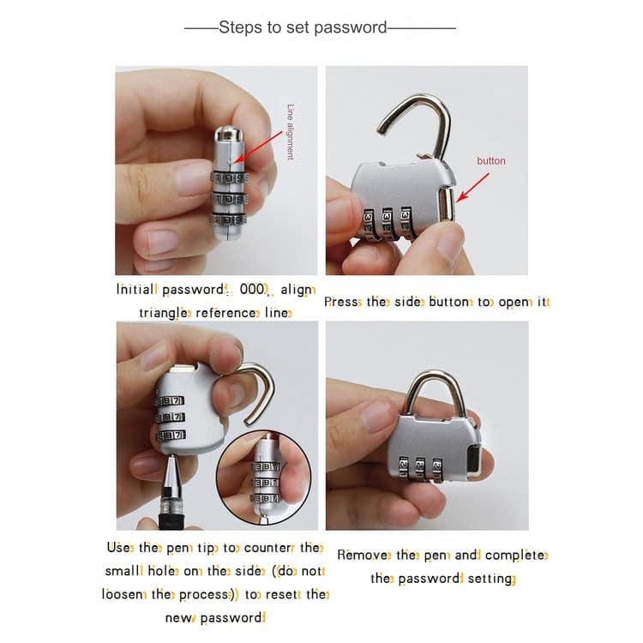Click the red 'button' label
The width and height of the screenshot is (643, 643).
coord(491,160)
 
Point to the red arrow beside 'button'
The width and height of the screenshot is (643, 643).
coord(473,186)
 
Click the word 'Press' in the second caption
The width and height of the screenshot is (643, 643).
coord(342,302)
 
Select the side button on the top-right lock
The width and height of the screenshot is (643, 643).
coord(447,206)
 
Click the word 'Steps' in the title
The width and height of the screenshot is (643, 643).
coord(239,27)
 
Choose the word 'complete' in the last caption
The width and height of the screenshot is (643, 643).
coord(515,555)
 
